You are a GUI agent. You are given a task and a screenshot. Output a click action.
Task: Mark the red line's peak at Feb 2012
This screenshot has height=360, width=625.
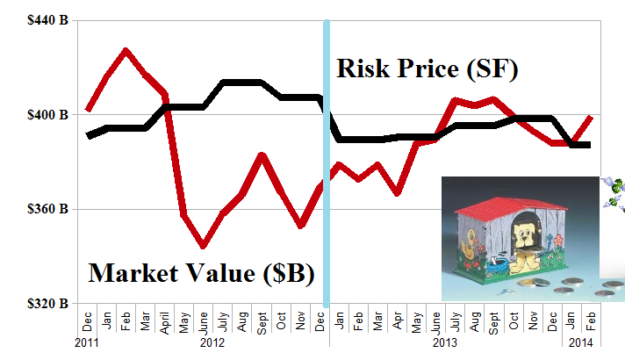pos(126,51)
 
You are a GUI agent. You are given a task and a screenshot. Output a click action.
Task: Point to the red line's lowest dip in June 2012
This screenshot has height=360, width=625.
pos(203,246)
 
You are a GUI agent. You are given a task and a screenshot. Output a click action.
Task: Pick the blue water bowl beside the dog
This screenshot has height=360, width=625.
pos(497,263)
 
